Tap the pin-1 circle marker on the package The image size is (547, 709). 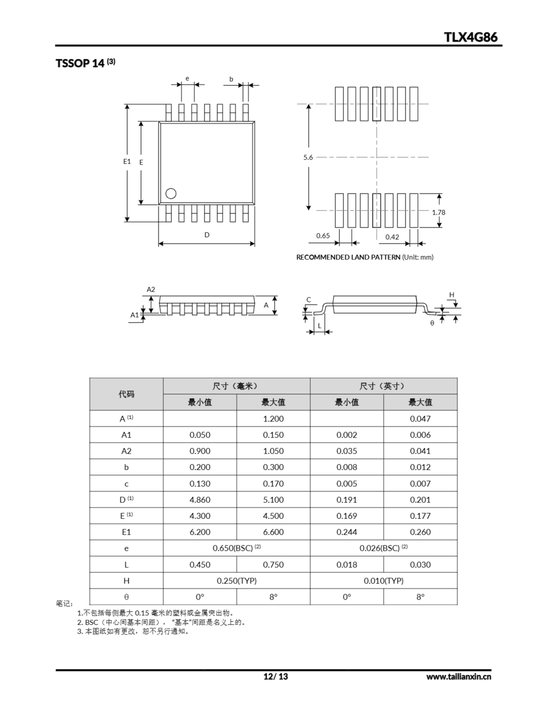[171, 194]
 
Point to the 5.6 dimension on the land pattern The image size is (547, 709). [308, 157]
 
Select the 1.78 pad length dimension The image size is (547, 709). [438, 212]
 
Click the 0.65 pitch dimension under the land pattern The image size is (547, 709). [323, 236]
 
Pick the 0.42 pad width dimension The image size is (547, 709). [392, 237]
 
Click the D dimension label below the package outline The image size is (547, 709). [207, 235]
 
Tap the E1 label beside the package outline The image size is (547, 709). [127, 161]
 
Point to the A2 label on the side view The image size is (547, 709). [151, 289]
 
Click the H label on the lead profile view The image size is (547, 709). [452, 295]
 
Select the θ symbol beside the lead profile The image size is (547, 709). [432, 323]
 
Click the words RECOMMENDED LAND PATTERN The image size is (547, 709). [348, 257]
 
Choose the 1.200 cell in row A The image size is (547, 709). [273, 418]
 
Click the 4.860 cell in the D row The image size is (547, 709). [200, 500]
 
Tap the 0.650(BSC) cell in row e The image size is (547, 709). [236, 548]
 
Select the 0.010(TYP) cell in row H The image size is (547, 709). [383, 581]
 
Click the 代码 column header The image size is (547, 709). [126, 394]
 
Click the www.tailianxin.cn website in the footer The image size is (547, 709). [458, 677]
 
